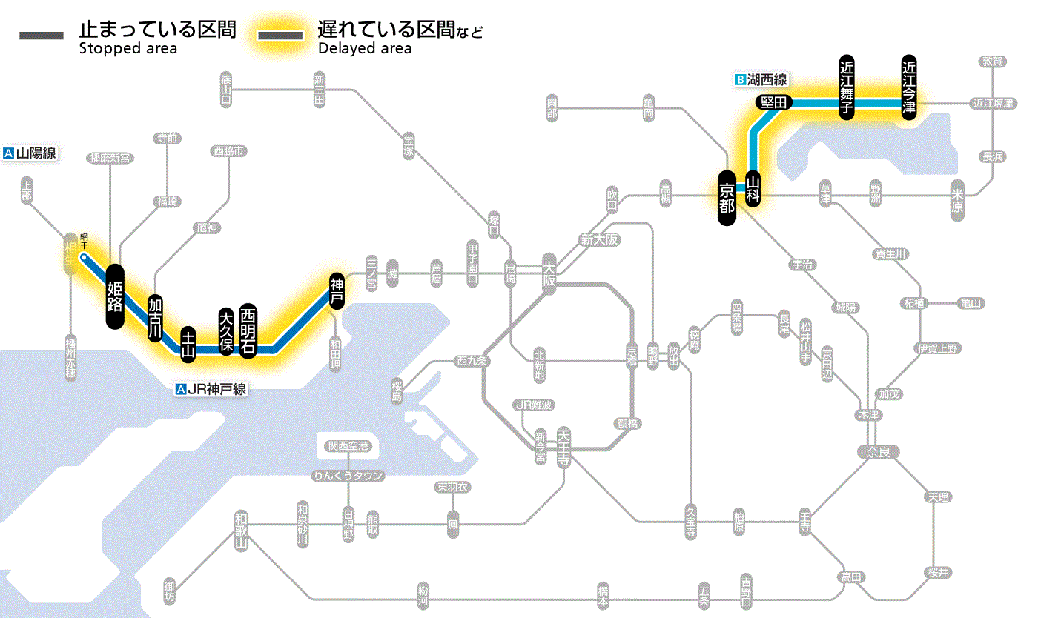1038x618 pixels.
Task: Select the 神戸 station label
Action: (337, 290)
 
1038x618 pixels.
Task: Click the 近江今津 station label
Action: (908, 87)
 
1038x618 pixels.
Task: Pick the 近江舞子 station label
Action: (846, 87)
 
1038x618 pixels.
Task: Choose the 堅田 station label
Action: (773, 103)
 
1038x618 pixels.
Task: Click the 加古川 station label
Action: (155, 318)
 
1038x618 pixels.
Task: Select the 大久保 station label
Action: (226, 330)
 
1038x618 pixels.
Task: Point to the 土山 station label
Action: (188, 344)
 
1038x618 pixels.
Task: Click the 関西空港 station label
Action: (348, 446)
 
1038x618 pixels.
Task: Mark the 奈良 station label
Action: (877, 451)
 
